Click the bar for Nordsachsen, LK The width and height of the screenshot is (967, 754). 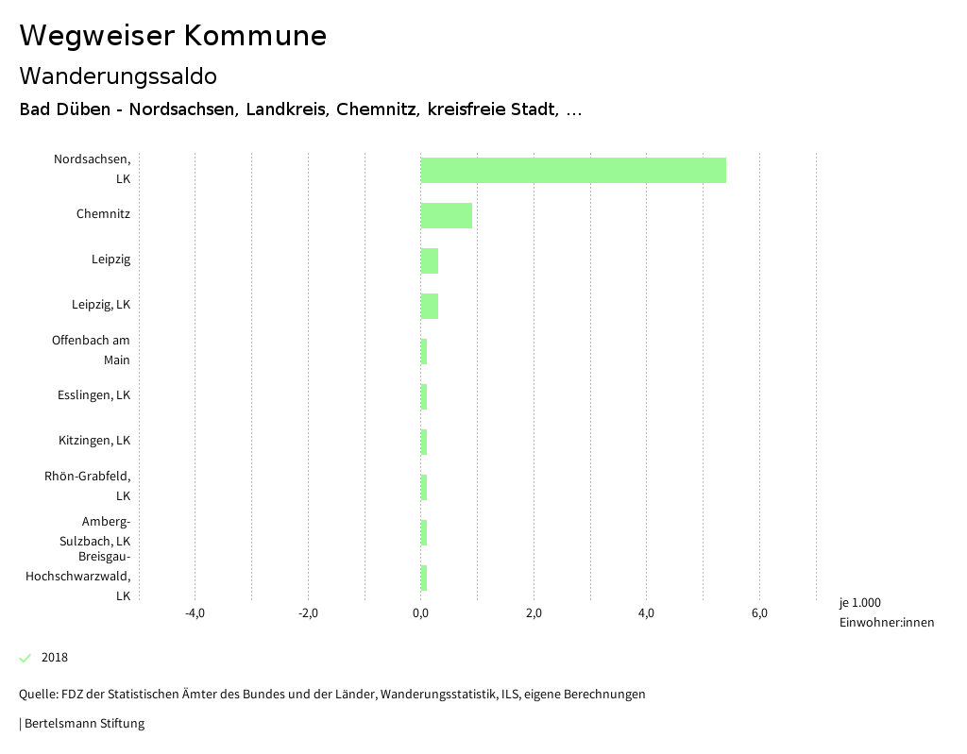pyautogui.click(x=573, y=170)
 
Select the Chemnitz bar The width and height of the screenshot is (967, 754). pyautogui.click(x=446, y=215)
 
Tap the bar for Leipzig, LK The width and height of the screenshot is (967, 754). pyautogui.click(x=430, y=306)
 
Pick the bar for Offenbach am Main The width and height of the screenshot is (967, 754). pyautogui.click(x=424, y=351)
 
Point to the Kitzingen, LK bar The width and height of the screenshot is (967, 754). pyautogui.click(x=424, y=442)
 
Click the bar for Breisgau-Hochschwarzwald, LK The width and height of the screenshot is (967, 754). pyautogui.click(x=424, y=578)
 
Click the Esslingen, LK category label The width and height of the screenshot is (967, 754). pyautogui.click(x=93, y=394)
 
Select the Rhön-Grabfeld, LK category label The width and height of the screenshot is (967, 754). pyautogui.click(x=88, y=485)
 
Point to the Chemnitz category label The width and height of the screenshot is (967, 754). pyautogui.click(x=103, y=214)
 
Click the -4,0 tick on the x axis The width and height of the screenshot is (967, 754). pyautogui.click(x=195, y=613)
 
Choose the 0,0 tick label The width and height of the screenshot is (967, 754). pyautogui.click(x=420, y=613)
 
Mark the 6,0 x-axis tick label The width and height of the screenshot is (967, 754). pyautogui.click(x=759, y=613)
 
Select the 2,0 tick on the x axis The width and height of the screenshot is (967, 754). pyautogui.click(x=534, y=613)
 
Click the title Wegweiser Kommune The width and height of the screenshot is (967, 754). pyautogui.click(x=173, y=35)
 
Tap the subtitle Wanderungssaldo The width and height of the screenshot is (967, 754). pyautogui.click(x=118, y=75)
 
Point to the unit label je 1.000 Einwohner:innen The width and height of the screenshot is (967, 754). pyautogui.click(x=886, y=612)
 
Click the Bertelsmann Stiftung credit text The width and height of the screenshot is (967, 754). pyautogui.click(x=84, y=724)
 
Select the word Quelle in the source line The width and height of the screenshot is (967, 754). pyautogui.click(x=37, y=695)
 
